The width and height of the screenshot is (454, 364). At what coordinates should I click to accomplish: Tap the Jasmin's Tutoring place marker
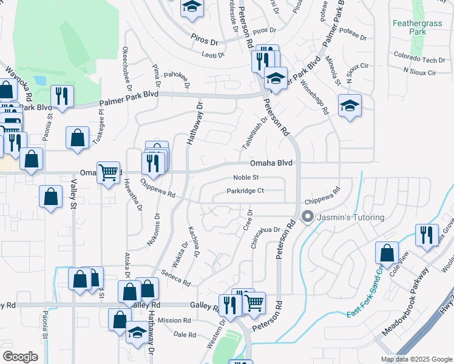click(x=308, y=217)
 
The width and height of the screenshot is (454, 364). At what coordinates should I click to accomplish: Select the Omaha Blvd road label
click(x=271, y=163)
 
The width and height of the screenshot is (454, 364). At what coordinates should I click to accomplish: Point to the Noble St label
click(x=246, y=178)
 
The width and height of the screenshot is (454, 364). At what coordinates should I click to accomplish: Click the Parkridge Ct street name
click(x=245, y=191)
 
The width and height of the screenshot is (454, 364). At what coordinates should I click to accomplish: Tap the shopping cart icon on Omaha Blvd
click(x=109, y=172)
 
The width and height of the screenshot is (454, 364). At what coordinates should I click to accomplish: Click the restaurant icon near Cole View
click(x=427, y=234)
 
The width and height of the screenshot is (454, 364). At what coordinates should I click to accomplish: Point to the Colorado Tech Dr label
click(x=419, y=60)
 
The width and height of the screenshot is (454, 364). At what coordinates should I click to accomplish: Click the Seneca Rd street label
click(x=176, y=278)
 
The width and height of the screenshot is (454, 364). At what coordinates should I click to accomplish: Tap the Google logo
click(x=20, y=357)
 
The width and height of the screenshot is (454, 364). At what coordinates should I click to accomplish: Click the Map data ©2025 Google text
click(x=416, y=359)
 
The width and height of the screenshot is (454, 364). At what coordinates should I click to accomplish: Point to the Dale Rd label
click(x=185, y=334)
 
